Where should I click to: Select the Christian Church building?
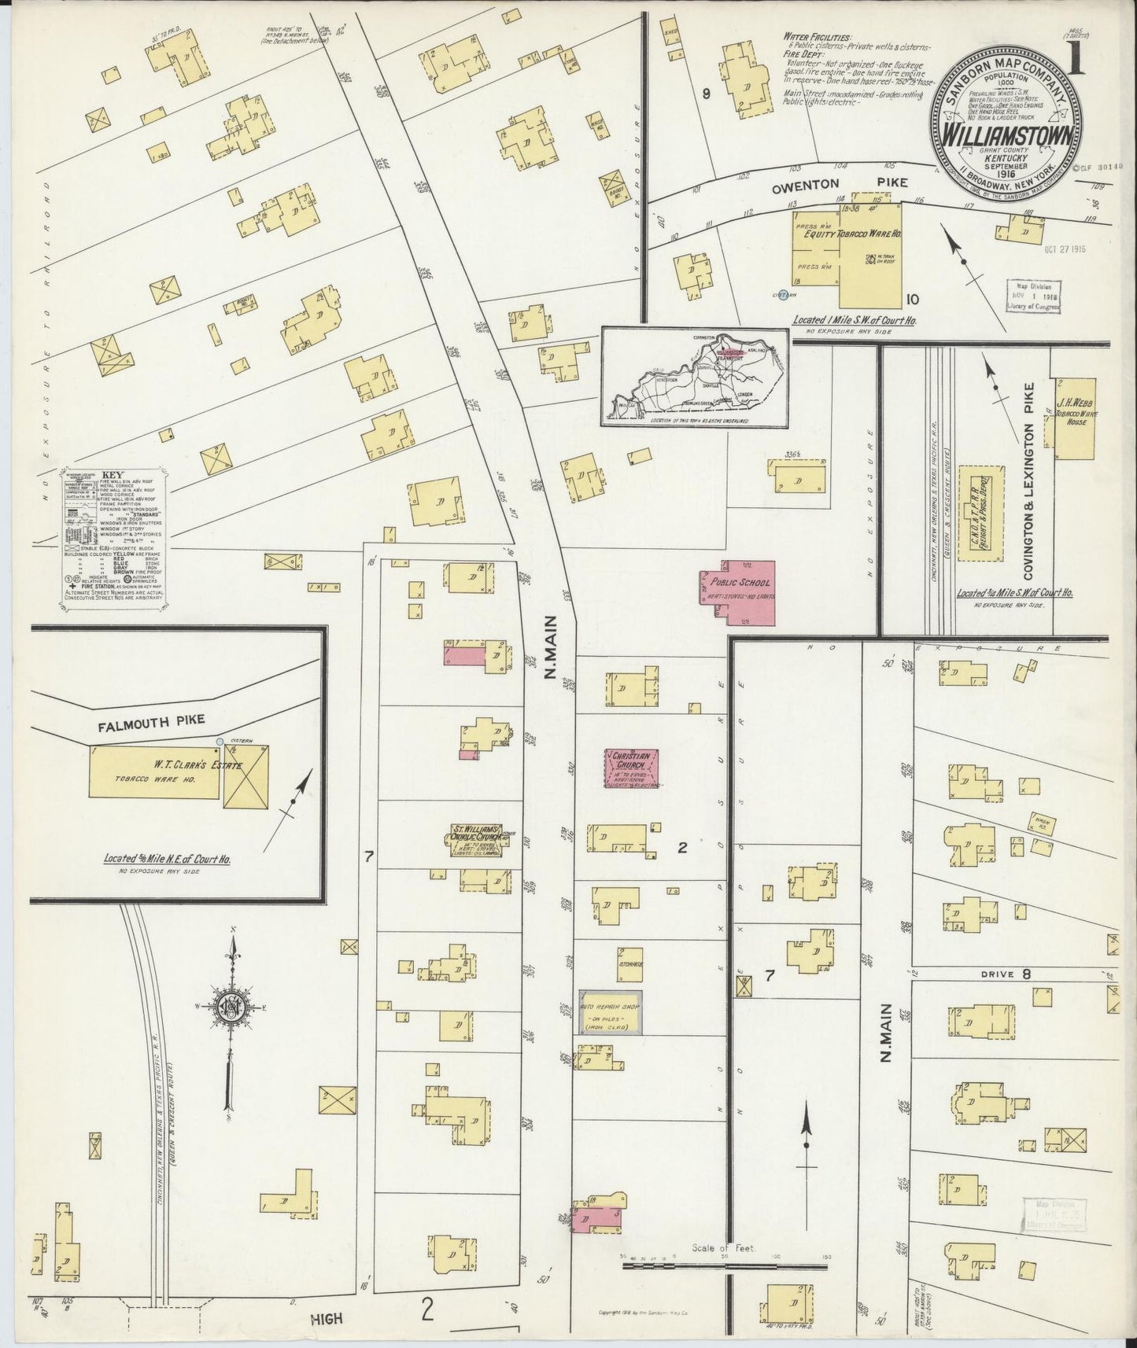click(x=631, y=768)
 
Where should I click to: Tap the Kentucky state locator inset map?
click(x=695, y=376)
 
